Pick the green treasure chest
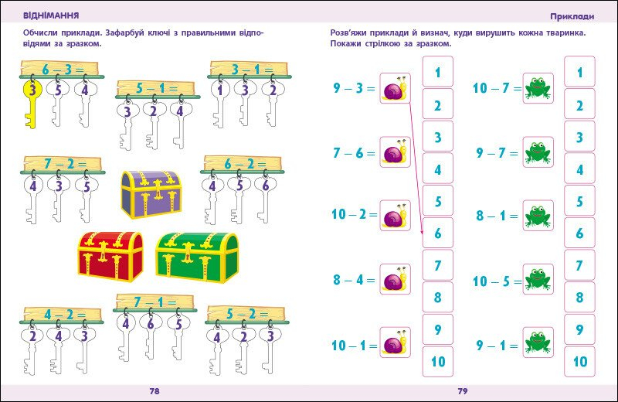pos(196,256)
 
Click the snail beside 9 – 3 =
pos(395,89)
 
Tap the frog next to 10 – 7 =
pos(538,89)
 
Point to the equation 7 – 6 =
pos(354,153)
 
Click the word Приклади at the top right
pos(572,15)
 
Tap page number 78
pos(154,391)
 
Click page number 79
pos(463,391)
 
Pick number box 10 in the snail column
pos(438,361)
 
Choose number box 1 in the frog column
pos(579,73)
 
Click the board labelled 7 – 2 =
pos(62,164)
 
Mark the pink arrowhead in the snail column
pos(423,230)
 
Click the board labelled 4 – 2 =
pos(62,315)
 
